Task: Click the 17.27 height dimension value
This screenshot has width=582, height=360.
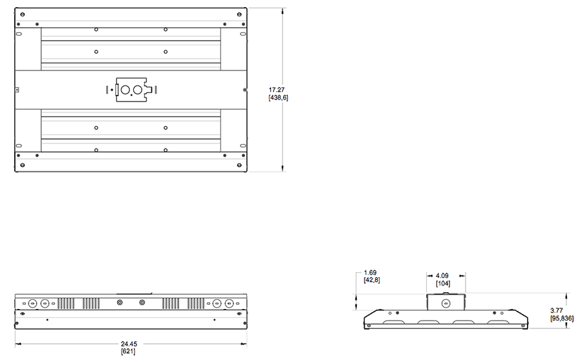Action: tap(277, 90)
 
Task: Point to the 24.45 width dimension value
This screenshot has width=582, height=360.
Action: tap(129, 344)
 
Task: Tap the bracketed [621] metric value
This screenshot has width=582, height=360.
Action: tap(128, 351)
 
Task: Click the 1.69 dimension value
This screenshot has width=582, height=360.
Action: tap(370, 273)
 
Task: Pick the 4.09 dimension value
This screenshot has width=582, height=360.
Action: tap(442, 276)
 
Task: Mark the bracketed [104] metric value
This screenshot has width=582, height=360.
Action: tap(443, 283)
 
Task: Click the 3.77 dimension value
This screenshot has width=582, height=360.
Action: tap(556, 311)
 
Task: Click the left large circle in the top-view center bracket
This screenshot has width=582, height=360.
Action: tap(125, 90)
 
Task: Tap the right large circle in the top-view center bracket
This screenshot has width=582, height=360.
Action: tap(138, 90)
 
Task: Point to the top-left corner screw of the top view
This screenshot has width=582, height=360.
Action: tap(23, 14)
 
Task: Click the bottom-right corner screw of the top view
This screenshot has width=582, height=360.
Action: tap(239, 165)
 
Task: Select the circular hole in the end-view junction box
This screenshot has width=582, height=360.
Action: tap(446, 304)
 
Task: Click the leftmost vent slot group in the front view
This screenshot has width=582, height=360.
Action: tap(66, 304)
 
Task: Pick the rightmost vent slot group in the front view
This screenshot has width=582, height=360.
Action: tap(195, 304)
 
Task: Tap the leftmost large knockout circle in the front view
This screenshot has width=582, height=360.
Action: tap(33, 304)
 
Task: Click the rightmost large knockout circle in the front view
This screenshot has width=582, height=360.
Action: tap(230, 304)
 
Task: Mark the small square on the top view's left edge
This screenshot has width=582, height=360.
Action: tap(16, 90)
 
